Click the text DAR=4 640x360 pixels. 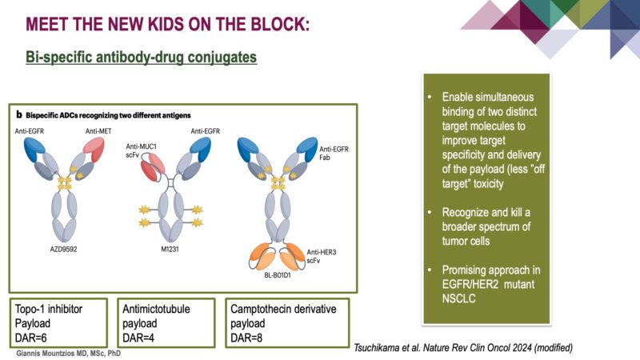(x=141, y=335)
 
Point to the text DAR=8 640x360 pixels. (x=248, y=335)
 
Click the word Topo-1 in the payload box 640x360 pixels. (x=33, y=307)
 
